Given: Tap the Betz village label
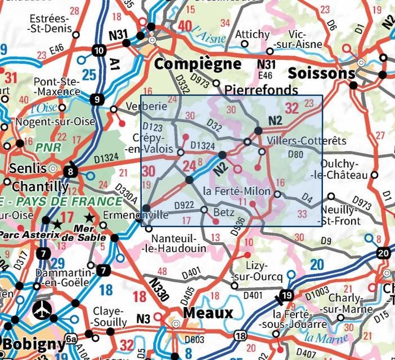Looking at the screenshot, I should point(225,212).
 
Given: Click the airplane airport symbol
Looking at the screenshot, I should point(41,309).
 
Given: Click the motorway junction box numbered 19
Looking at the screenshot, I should point(286,296).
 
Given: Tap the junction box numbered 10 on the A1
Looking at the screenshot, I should point(100,51).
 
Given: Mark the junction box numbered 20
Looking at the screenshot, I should point(384,253).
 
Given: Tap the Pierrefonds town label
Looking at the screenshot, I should point(261,90).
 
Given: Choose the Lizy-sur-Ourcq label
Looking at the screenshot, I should point(259,270).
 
